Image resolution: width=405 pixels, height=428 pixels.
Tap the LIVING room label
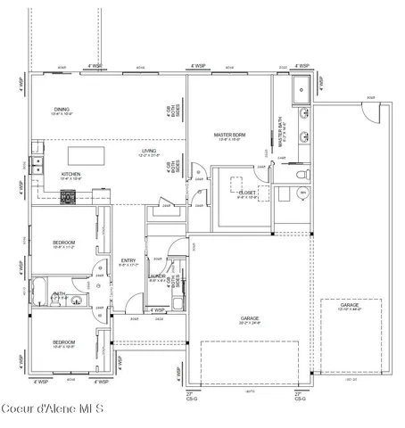pyautogui.click(x=148, y=152)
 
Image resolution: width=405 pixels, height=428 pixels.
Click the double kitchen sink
pyautogui.click(x=37, y=163)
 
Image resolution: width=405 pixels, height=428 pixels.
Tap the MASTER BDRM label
pyautogui.click(x=229, y=136)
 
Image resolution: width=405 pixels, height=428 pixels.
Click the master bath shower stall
pyautogui.click(x=302, y=87)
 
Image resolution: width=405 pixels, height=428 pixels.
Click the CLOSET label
pyautogui.click(x=246, y=193)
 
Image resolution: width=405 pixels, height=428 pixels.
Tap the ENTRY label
pyautogui.click(x=128, y=261)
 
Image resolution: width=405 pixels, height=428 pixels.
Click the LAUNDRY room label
pyautogui.click(x=158, y=277)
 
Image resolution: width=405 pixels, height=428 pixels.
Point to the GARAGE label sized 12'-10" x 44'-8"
pyautogui.click(x=349, y=307)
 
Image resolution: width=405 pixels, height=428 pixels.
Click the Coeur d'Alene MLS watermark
pyautogui.click(x=53, y=409)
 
